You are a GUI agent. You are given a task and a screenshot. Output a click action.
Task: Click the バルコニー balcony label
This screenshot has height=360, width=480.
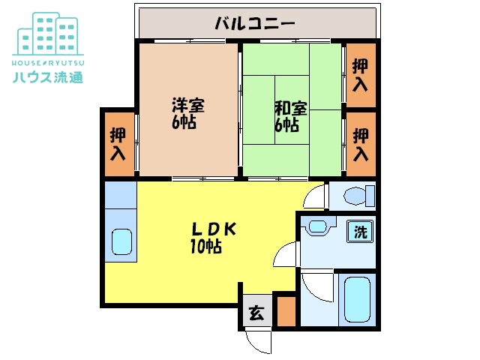pos(255,23)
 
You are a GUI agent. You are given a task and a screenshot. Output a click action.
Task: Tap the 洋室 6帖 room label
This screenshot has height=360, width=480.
pos(187,113)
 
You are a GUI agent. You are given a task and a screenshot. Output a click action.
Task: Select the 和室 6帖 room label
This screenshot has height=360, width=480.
pos(290,116)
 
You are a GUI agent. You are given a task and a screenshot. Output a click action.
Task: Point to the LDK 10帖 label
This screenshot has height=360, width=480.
pos(213,238)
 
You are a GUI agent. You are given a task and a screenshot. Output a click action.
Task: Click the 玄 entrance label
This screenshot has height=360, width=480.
pos(256,313)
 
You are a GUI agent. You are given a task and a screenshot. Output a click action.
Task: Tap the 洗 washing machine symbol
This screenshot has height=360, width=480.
pos(360,232)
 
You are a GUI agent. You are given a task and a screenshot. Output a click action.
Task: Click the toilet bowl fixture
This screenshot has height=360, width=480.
pos(359,196)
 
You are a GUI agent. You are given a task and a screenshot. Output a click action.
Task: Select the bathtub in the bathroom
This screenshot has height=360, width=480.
pos(357,299)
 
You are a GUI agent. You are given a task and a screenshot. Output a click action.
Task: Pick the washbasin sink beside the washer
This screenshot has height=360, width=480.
pos(318,226)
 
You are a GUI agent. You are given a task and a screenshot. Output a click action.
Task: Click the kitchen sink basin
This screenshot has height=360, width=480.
pos(121,242)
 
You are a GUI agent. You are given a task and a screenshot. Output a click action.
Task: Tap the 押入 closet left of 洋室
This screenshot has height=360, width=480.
pos(119,144)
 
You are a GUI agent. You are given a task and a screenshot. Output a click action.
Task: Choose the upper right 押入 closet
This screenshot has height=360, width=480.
pos(361,75)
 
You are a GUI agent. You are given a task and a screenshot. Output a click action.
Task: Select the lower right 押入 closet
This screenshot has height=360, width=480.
pos(361,145)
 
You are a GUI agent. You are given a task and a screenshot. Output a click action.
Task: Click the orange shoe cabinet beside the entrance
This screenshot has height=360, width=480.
pos(286,311)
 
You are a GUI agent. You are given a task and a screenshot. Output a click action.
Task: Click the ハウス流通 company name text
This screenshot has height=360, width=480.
pos(48,77)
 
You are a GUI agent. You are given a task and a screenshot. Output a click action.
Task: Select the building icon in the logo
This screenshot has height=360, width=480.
pos(48,34)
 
